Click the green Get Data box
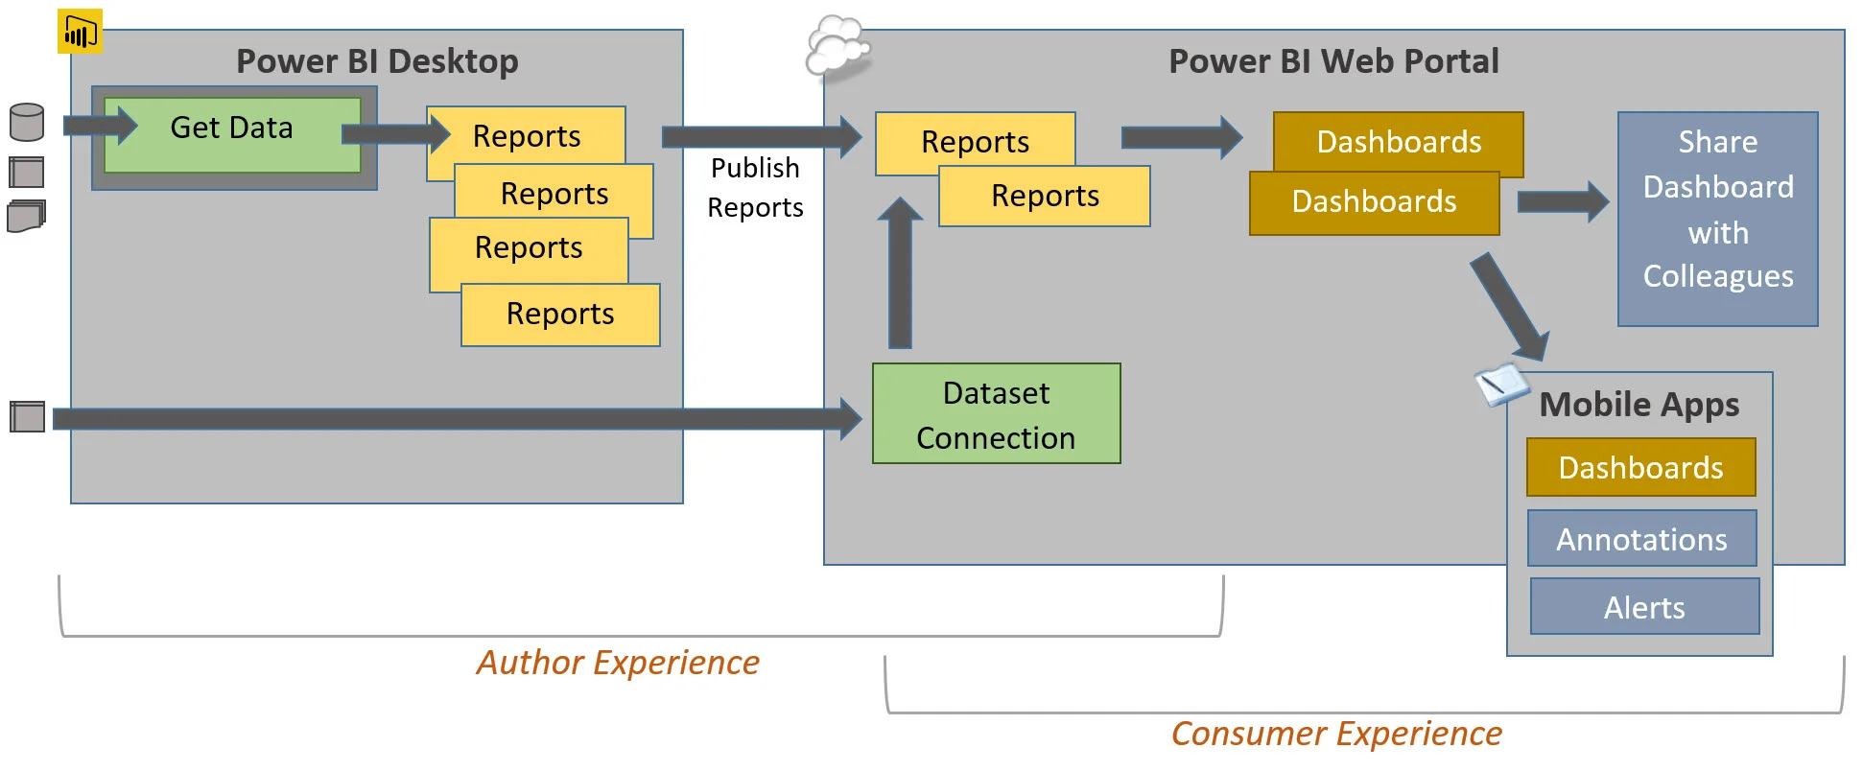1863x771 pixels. pyautogui.click(x=232, y=134)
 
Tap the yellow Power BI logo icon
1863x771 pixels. pyautogui.click(x=80, y=33)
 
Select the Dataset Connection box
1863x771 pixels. pyautogui.click(x=996, y=414)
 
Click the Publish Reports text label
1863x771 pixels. pyautogui.click(x=755, y=188)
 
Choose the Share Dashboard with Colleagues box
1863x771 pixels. pyautogui.click(x=1717, y=219)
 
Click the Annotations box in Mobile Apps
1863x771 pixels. pyautogui.click(x=1641, y=539)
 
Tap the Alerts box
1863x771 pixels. pyautogui.click(x=1644, y=607)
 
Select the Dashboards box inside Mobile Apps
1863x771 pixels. pyautogui.click(x=1640, y=468)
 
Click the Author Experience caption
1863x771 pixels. pyautogui.click(x=618, y=663)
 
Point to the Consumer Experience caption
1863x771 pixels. pyautogui.click(x=1335, y=734)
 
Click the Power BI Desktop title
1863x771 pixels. pyautogui.click(x=377, y=61)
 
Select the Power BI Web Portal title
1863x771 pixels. pyautogui.click(x=1332, y=61)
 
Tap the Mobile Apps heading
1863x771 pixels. pyautogui.click(x=1639, y=405)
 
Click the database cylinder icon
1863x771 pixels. pyautogui.click(x=26, y=123)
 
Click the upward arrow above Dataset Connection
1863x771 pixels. pyautogui.click(x=900, y=273)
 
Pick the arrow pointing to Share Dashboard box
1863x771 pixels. pyautogui.click(x=1562, y=202)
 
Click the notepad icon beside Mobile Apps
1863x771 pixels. pyautogui.click(x=1500, y=385)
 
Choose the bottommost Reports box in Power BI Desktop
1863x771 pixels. pyautogui.click(x=560, y=315)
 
